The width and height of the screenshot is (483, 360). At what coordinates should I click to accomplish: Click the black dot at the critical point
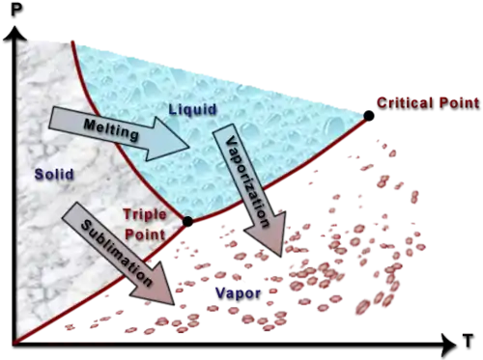click(369, 116)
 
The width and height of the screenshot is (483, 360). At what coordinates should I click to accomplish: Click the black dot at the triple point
click(187, 221)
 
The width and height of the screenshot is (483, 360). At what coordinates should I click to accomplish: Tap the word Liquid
click(193, 109)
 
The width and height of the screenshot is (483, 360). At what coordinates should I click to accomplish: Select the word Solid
click(54, 174)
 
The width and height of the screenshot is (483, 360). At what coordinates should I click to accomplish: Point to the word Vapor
click(238, 293)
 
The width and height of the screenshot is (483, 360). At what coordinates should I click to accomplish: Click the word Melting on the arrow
click(111, 129)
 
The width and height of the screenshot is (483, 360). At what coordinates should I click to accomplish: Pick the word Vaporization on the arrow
click(248, 181)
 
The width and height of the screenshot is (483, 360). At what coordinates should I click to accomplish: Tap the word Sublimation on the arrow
click(116, 253)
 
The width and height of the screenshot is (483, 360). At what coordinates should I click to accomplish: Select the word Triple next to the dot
click(145, 215)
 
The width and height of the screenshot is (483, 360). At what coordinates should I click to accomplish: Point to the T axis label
click(468, 341)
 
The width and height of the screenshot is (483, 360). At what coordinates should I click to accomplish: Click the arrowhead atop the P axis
click(14, 34)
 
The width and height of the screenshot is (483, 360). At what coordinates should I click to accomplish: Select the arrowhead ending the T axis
click(448, 346)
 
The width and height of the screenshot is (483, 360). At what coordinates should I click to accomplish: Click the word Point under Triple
click(145, 235)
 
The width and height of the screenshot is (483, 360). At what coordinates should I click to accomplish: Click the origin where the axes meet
click(14, 345)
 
